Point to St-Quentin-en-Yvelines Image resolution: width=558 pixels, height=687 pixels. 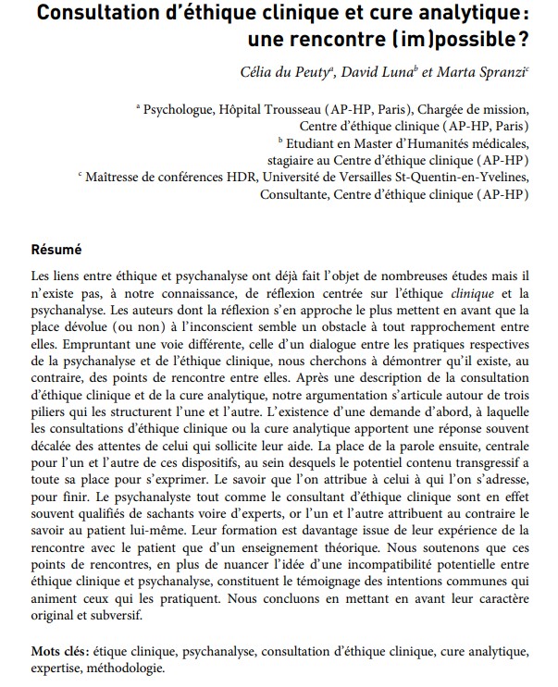469,178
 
